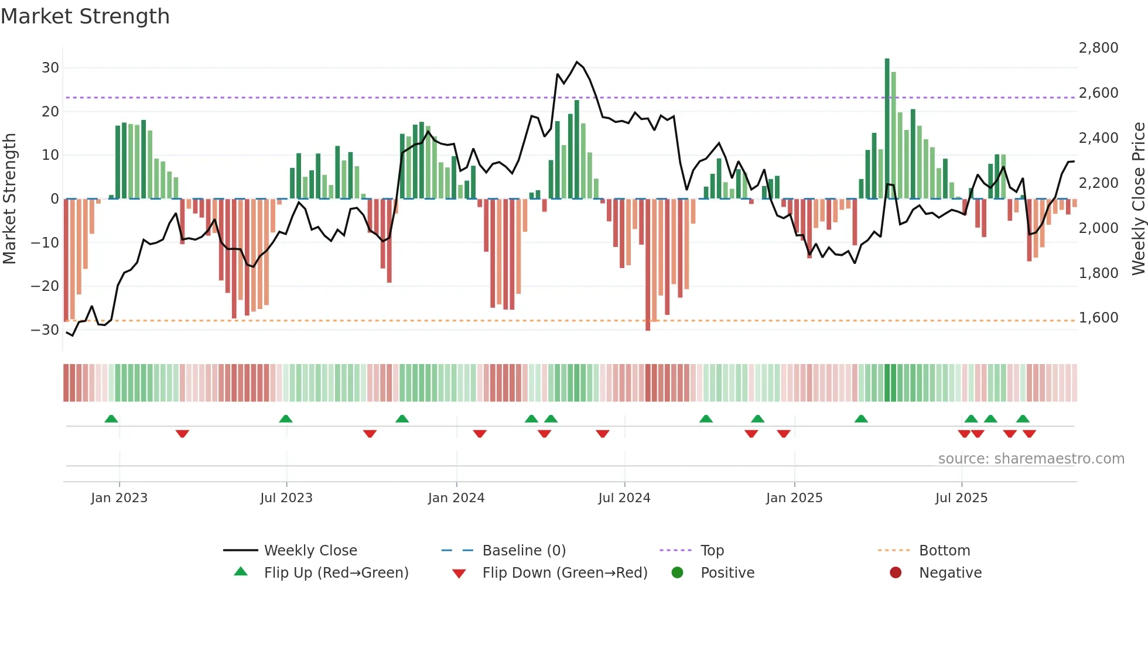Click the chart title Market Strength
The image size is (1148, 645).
click(x=85, y=16)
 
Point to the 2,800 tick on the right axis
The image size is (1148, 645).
click(x=1098, y=48)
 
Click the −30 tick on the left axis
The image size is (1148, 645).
click(x=45, y=330)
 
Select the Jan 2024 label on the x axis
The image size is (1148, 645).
click(x=456, y=498)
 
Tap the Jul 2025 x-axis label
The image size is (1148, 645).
click(x=961, y=498)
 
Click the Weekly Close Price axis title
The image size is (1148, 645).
click(x=1138, y=198)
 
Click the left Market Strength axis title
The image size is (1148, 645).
click(x=9, y=198)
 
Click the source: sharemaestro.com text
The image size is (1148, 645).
click(x=1031, y=459)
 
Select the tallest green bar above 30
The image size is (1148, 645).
click(x=887, y=129)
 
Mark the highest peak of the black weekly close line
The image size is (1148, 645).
click(x=577, y=62)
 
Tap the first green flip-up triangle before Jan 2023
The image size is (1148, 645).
click(x=111, y=418)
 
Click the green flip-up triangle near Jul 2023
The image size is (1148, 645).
click(x=286, y=418)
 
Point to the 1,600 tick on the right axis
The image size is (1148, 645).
click(x=1098, y=318)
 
